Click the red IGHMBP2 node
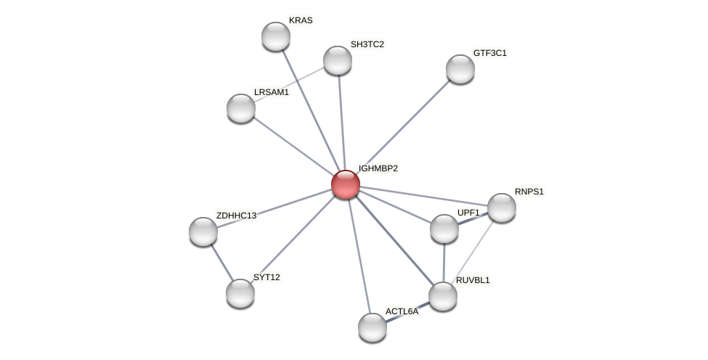pyautogui.click(x=346, y=184)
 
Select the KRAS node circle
pyautogui.click(x=276, y=36)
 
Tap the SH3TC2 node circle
pyautogui.click(x=338, y=60)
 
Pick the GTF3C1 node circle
pyautogui.click(x=460, y=69)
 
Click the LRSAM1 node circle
pyautogui.click(x=241, y=108)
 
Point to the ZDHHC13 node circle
pyautogui.click(x=203, y=232)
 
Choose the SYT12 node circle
pyautogui.click(x=240, y=293)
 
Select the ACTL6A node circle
pyautogui.click(x=373, y=327)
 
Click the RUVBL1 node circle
pyautogui.click(x=443, y=296)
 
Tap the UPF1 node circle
pyautogui.click(x=444, y=229)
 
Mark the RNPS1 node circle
pyautogui.click(x=502, y=208)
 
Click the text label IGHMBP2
pyautogui.click(x=378, y=168)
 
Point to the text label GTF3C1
pyautogui.click(x=490, y=53)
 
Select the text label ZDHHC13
pyautogui.click(x=236, y=216)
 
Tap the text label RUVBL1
pyautogui.click(x=473, y=280)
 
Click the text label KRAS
pyautogui.click(x=301, y=20)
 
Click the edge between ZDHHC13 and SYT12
pyautogui.click(x=221, y=262)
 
